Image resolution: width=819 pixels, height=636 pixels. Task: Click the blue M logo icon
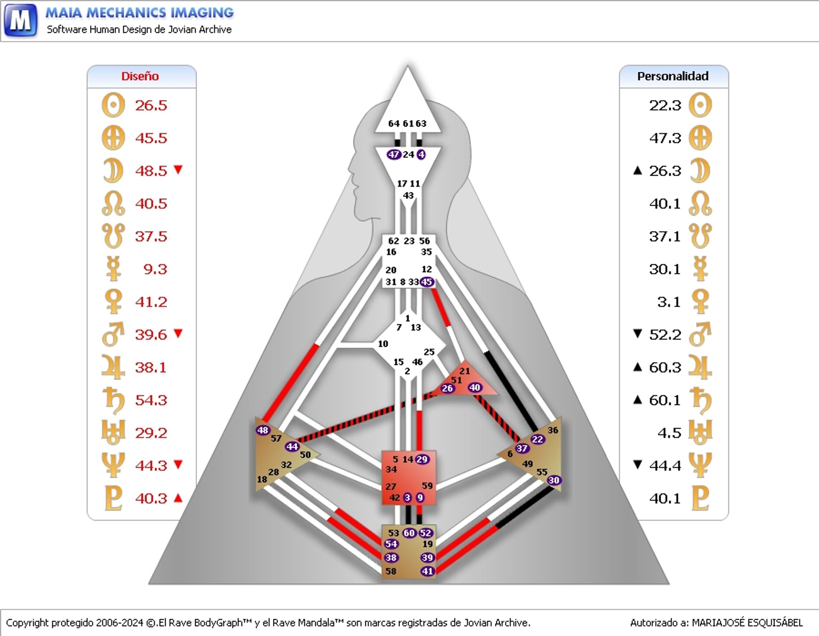tap(20, 20)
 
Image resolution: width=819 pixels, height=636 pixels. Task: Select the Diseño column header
tap(140, 76)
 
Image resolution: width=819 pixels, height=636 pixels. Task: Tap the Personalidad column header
tap(673, 76)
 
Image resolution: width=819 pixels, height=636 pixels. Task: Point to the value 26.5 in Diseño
tap(151, 105)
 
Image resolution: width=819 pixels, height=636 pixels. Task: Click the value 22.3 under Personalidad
tap(665, 105)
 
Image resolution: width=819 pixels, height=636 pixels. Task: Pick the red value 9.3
tap(155, 269)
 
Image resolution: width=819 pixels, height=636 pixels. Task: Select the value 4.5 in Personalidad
tap(669, 433)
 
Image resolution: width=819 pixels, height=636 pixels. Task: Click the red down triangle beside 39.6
tap(178, 333)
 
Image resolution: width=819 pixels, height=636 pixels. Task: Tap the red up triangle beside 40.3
tap(178, 497)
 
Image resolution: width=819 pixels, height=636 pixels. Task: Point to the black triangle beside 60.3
tap(638, 367)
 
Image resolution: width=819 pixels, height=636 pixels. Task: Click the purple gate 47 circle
tap(393, 154)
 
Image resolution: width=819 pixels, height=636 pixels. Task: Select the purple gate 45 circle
tap(427, 282)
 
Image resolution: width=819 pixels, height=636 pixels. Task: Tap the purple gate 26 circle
tap(447, 388)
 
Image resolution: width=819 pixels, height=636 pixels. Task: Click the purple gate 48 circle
tap(263, 430)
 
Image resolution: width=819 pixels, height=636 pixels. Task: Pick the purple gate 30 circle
tap(554, 480)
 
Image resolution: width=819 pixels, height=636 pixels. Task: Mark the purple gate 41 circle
tap(427, 571)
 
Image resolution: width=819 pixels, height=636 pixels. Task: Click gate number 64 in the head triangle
tap(394, 124)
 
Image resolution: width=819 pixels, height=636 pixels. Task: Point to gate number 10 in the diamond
tap(383, 344)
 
